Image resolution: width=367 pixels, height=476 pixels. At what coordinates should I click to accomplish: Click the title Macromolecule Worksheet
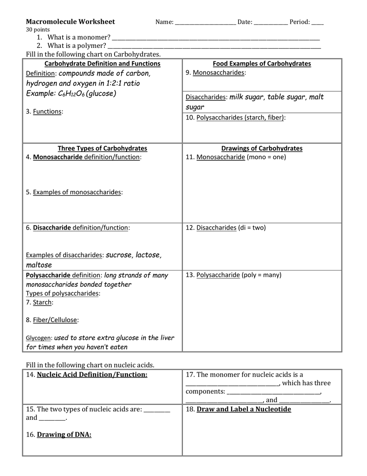70,22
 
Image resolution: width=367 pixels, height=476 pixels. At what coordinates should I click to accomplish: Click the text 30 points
34,29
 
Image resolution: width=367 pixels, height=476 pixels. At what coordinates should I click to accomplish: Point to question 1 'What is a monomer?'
79,37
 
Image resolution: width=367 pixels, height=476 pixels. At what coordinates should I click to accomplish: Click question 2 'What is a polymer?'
77,46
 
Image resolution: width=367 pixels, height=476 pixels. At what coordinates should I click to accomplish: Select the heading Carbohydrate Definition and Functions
102,64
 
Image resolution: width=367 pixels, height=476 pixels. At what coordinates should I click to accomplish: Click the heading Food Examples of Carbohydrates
262,64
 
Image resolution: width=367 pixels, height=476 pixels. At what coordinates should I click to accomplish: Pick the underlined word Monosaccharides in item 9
219,73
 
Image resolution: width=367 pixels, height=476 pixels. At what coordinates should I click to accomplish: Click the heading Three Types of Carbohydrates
102,148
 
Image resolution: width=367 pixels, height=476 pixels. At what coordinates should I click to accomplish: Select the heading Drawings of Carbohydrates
262,148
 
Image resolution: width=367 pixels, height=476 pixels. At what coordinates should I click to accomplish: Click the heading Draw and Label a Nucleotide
244,410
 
